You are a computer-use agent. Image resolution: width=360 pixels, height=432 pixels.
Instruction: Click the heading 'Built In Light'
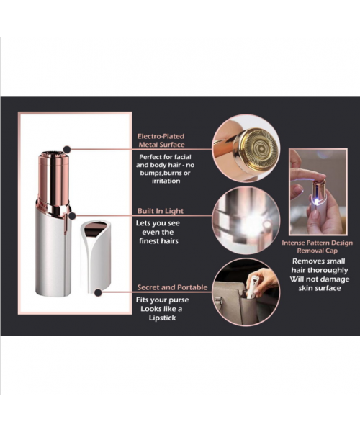point(161,211)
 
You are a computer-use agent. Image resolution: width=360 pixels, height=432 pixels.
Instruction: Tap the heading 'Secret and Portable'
point(172,287)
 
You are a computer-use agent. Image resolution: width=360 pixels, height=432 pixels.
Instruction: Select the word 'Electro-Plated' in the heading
point(161,136)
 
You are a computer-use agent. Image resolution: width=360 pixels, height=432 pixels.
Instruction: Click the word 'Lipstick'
point(162,318)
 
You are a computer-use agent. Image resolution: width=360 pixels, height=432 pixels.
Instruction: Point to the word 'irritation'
point(166,181)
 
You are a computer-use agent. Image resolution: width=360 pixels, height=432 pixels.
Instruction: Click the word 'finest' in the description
point(150,241)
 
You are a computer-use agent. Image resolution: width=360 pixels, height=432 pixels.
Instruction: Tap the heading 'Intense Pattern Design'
point(317,243)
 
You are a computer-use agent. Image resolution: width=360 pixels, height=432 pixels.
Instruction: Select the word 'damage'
point(336,279)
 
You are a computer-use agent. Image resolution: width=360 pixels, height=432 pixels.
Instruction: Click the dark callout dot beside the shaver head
point(67,150)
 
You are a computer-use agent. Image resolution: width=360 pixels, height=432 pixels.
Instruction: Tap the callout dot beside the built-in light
point(72,216)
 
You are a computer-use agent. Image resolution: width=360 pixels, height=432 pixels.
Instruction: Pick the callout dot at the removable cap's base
point(98,292)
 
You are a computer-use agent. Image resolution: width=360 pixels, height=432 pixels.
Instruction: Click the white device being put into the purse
point(252,287)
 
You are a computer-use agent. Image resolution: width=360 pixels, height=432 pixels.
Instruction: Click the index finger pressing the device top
point(308,174)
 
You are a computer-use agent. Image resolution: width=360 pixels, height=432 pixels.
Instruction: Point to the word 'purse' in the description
point(179,300)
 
